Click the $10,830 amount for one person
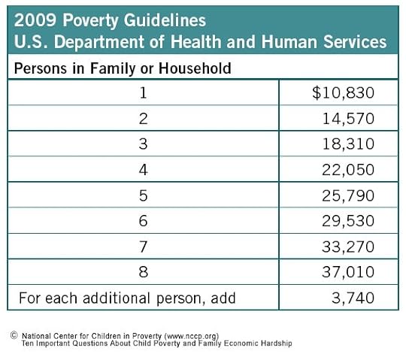click(344, 93)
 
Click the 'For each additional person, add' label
click(127, 298)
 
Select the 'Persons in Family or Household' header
click(123, 68)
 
